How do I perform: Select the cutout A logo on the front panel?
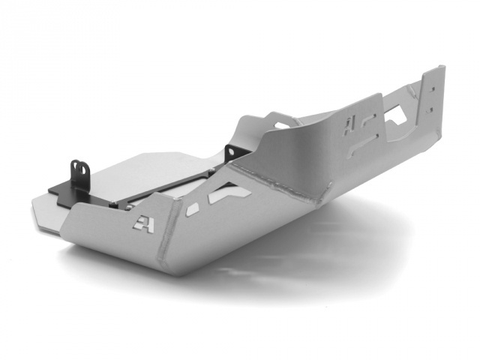[143, 223]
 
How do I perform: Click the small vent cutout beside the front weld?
[192, 209]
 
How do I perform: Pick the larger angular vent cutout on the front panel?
[229, 194]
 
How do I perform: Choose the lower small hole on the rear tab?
[430, 109]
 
